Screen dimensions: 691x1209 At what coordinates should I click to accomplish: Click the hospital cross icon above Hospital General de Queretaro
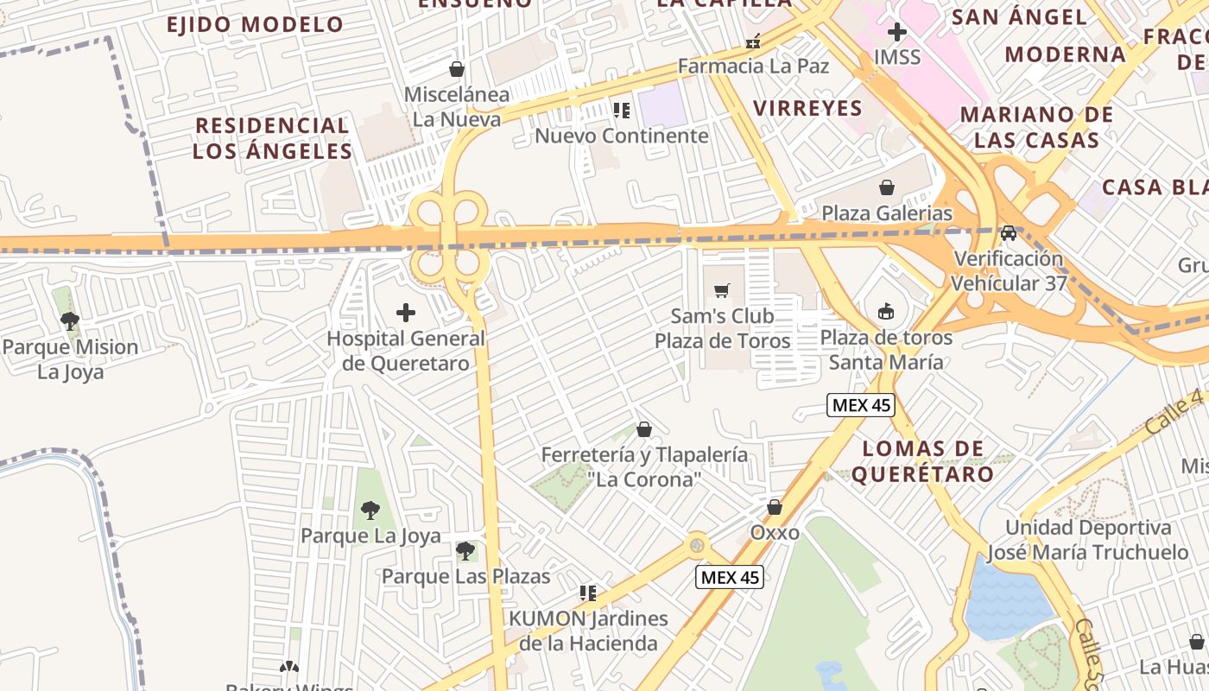coord(405,313)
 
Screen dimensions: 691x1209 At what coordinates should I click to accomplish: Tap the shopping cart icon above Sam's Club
coord(722,290)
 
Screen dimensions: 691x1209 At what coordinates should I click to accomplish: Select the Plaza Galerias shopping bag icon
coord(887,187)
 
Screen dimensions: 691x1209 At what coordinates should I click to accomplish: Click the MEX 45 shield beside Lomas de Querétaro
coord(860,405)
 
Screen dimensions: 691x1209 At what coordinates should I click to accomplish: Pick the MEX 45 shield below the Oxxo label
coord(731,577)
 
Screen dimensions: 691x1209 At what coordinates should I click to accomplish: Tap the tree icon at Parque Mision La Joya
coord(70,321)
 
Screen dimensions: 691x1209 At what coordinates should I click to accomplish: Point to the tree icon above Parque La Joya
coord(370,510)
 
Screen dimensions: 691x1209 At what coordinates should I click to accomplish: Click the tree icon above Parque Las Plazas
coord(465,550)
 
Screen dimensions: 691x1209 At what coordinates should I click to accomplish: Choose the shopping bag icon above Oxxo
coord(775,507)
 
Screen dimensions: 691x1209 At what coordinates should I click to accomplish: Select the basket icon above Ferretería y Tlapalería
coord(644,429)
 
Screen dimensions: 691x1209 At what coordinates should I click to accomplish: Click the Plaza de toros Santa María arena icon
coord(886,311)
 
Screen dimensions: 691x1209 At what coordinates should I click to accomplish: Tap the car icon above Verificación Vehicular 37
coord(1009,233)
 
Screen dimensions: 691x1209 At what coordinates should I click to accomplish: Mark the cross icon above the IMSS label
coord(897,33)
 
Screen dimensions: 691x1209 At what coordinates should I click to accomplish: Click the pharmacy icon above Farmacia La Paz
coord(753,41)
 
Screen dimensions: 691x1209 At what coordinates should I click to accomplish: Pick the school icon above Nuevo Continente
coord(621,110)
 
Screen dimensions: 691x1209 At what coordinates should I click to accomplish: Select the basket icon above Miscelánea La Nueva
coord(457,69)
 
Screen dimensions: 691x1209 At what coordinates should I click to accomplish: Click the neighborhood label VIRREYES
coord(807,108)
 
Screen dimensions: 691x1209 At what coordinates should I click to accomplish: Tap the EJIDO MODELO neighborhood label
coord(256,24)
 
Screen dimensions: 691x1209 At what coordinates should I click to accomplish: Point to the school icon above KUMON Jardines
coord(588,593)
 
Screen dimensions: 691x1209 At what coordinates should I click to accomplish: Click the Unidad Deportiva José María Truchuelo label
coord(1088,540)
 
